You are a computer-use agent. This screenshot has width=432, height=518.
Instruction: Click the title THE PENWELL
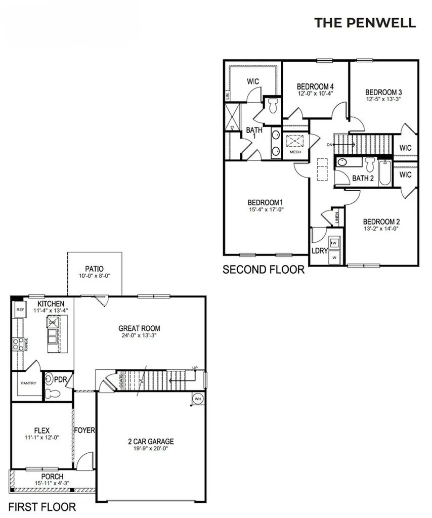[365, 23]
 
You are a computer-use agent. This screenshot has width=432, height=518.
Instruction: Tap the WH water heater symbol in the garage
[197, 399]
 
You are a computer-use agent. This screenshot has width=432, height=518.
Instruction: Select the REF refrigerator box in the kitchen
[20, 310]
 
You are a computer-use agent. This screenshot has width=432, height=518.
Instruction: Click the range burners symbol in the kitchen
[17, 344]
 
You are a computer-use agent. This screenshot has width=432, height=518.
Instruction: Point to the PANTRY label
[28, 383]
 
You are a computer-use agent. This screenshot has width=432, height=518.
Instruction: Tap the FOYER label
[85, 430]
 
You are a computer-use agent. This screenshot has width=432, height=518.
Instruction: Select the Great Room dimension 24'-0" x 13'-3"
[139, 335]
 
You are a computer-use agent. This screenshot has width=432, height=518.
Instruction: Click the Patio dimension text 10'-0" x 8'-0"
[94, 276]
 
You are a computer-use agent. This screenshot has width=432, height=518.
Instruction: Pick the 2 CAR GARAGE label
[151, 442]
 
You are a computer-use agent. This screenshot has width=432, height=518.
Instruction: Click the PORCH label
[52, 477]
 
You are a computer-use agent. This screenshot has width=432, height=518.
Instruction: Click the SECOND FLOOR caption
[264, 270]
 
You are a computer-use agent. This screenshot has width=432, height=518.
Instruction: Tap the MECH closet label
[295, 152]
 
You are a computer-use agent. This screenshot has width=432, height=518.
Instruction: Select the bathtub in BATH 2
[385, 172]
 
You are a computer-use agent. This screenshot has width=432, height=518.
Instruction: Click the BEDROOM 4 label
[315, 86]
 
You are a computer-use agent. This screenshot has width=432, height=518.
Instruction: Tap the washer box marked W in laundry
[334, 257]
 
